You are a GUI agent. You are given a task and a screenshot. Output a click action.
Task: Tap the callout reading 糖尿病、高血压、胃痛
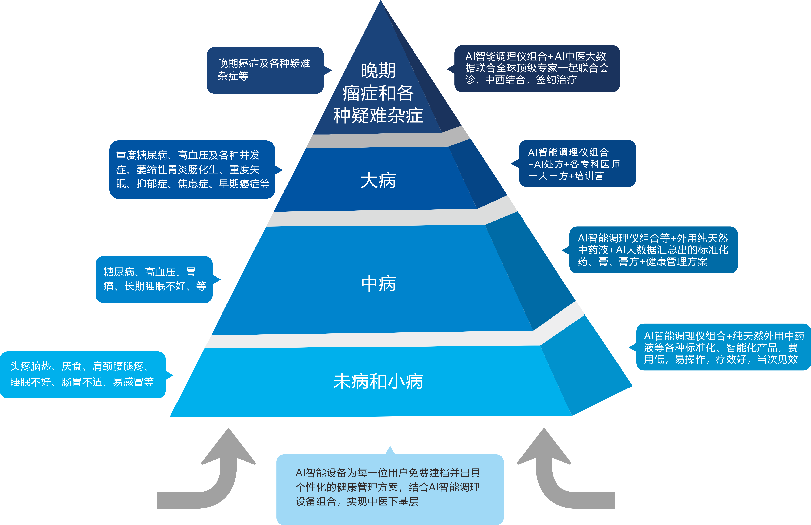tap(154, 279)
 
